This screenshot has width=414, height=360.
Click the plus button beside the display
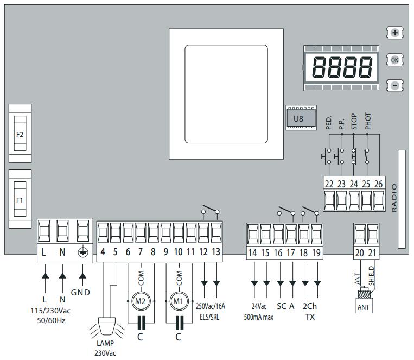(x=395, y=33)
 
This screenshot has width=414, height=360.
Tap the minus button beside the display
(x=395, y=85)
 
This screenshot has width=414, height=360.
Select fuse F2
(x=20, y=133)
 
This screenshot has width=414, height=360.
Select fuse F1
(x=20, y=200)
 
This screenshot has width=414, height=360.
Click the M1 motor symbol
(x=178, y=300)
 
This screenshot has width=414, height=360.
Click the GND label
(x=80, y=293)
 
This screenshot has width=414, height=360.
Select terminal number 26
(x=379, y=184)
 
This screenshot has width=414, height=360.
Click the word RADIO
(x=394, y=198)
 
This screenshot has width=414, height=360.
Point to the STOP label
(x=354, y=121)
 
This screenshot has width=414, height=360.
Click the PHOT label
(x=367, y=121)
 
